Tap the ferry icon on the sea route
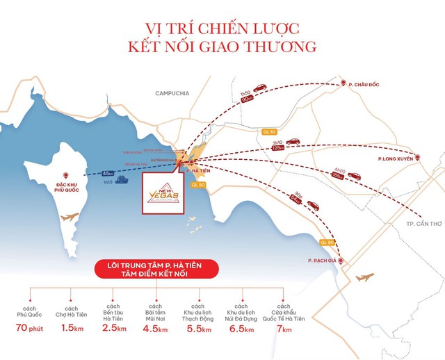point(122,179)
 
